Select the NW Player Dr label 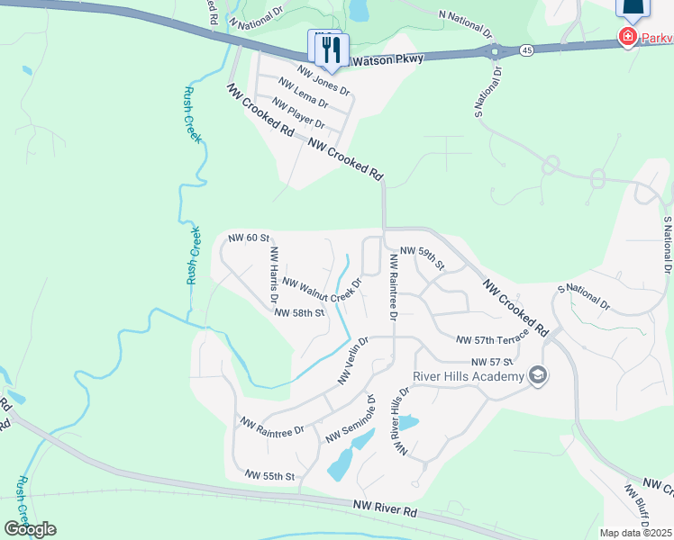[298, 113]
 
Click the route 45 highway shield [526, 50]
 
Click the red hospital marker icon [625, 37]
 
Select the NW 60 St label [249, 238]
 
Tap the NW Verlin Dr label [353, 361]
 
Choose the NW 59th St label [423, 257]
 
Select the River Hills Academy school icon [538, 375]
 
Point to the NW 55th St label [269, 474]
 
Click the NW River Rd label [385, 510]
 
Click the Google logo [30, 529]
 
